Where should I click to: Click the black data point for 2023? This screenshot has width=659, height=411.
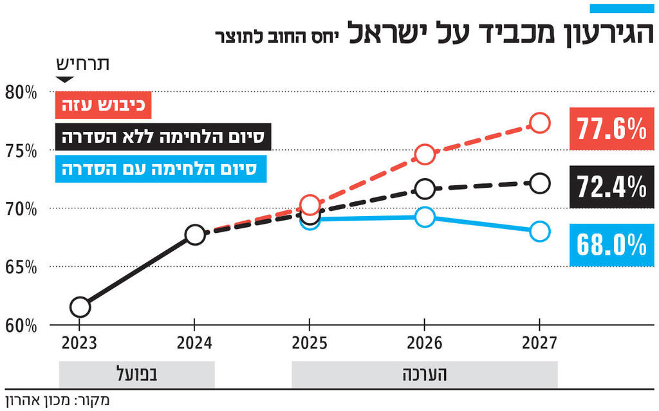(80, 307)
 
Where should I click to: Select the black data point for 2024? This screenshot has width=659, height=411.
(194, 234)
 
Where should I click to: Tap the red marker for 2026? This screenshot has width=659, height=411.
(425, 154)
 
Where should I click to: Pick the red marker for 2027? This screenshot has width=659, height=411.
(539, 122)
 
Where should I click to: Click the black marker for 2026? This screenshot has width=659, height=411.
(425, 188)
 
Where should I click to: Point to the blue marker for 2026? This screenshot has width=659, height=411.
(425, 217)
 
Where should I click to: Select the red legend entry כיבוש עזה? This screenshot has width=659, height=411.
(103, 105)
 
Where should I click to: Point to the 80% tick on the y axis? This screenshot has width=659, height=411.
(21, 91)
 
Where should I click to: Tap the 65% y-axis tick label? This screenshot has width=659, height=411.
(21, 267)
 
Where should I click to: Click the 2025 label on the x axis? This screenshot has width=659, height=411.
(310, 343)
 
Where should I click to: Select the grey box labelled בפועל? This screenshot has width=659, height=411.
(136, 374)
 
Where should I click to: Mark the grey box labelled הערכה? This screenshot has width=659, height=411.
(424, 374)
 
